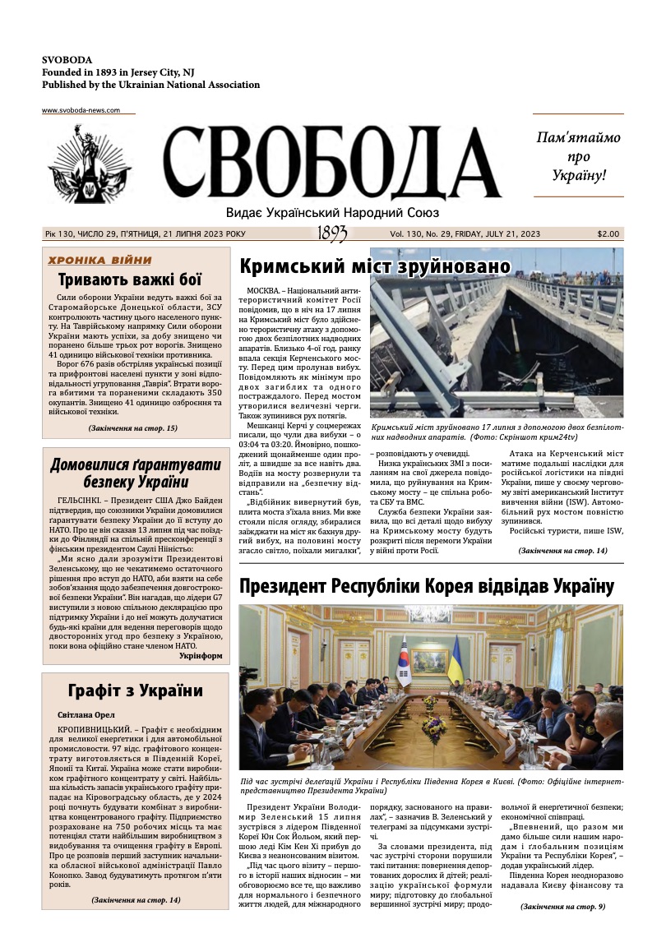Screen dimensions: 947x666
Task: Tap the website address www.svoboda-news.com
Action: [x=81, y=110]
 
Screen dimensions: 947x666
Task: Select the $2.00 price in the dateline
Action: [x=608, y=234]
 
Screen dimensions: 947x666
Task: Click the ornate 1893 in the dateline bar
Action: [x=332, y=234]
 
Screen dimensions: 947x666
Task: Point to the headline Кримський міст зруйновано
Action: [x=375, y=266]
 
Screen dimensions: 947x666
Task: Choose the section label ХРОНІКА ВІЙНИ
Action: [x=99, y=261]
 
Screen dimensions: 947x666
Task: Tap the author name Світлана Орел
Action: [x=86, y=715]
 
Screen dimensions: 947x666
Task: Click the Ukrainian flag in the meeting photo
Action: [x=455, y=658]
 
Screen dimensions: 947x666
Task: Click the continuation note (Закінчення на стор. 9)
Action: [x=562, y=907]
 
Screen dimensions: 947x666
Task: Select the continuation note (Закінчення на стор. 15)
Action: [x=132, y=428]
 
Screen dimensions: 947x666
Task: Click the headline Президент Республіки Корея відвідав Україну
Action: [x=426, y=586]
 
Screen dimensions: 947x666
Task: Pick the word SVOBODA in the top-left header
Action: [x=67, y=60]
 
